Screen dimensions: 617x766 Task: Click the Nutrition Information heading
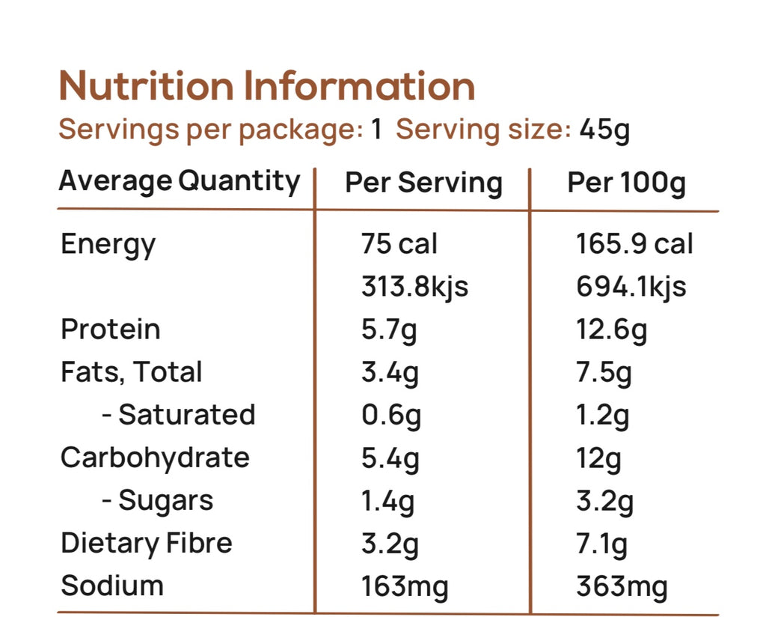(267, 87)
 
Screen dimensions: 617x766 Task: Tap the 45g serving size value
(604, 130)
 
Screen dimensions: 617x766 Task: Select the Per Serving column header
(423, 183)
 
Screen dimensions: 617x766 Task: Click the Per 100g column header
(626, 183)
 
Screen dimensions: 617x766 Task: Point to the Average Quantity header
(179, 181)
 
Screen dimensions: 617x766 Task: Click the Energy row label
(108, 245)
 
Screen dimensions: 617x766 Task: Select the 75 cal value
(399, 244)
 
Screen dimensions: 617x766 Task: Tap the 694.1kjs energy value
(631, 287)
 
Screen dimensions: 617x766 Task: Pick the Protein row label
(111, 329)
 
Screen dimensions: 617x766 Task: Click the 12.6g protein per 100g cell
(611, 329)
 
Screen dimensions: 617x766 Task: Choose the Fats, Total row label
(132, 372)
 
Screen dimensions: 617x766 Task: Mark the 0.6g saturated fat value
(390, 415)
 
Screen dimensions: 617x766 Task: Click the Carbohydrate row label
(155, 458)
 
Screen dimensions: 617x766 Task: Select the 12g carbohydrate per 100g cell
(598, 458)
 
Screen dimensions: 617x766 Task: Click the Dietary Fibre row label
(147, 543)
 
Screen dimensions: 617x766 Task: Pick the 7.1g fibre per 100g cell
(602, 543)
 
